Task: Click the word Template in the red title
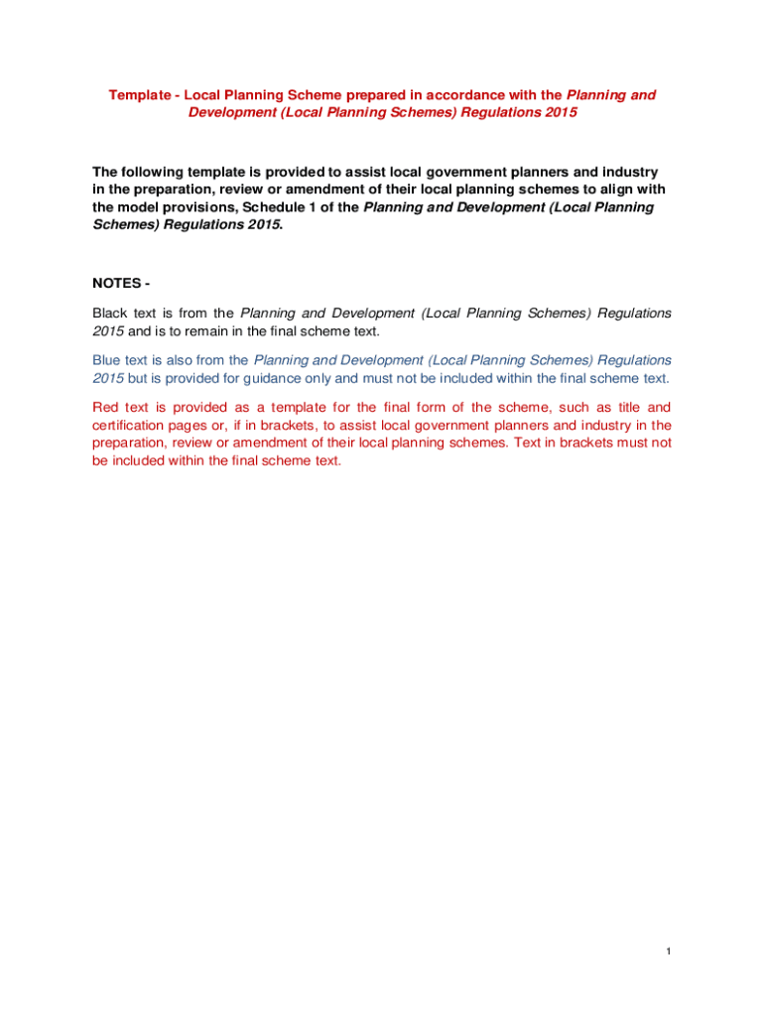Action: point(139,95)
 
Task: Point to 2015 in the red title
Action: point(559,113)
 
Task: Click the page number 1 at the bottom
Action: point(669,952)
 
